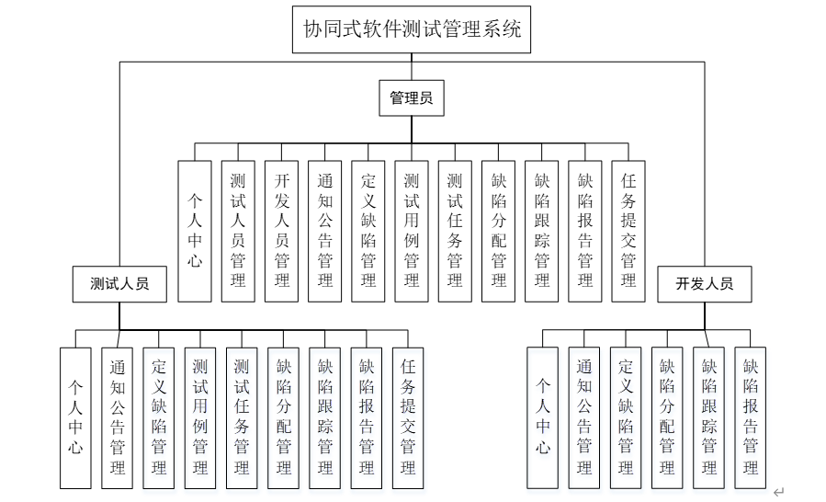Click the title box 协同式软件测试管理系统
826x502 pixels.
413,29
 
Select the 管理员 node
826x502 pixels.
411,97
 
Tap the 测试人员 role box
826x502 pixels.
119,283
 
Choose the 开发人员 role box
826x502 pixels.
705,283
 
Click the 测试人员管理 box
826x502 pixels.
238,231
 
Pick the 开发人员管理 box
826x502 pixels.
282,231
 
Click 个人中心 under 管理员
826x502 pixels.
195,231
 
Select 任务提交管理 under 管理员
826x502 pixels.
628,231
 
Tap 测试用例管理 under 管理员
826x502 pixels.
412,231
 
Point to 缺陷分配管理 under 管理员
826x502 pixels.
498,231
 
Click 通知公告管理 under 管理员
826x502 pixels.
325,231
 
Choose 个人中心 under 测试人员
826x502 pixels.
75,417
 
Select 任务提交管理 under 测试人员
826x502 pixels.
408,417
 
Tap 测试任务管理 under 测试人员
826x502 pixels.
242,417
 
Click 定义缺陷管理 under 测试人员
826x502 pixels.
159,417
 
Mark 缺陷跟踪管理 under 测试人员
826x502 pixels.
325,417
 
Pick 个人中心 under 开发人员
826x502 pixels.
543,417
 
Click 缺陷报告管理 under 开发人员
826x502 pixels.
750,417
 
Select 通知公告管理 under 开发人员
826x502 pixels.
584,417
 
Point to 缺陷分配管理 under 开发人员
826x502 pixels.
667,417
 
